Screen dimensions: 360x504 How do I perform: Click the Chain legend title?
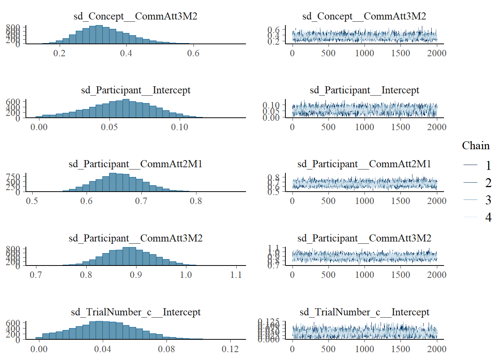[x=475, y=145]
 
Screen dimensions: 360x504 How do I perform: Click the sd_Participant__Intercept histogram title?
[x=136, y=90]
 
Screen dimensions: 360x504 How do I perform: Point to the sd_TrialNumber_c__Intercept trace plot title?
[x=364, y=312]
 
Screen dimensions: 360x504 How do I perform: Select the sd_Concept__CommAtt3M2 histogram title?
[x=135, y=16]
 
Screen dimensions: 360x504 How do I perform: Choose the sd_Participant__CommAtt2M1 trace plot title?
[x=364, y=164]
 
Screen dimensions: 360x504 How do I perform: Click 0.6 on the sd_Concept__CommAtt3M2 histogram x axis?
[x=193, y=53]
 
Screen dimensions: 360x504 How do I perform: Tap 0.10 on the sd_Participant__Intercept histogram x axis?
[x=179, y=127]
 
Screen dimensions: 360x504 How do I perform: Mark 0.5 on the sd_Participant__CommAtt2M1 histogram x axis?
[x=32, y=201]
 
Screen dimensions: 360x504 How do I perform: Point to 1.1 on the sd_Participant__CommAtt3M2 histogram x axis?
[x=236, y=275]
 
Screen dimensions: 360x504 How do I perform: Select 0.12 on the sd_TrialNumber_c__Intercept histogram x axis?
[x=230, y=349]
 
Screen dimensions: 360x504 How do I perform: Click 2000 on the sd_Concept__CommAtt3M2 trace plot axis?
[x=436, y=53]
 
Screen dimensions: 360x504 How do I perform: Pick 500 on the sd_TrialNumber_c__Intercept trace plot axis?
[x=328, y=349]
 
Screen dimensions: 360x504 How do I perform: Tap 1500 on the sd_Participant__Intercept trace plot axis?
[x=400, y=127]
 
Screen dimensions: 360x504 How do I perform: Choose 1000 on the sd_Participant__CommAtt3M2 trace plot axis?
[x=364, y=275]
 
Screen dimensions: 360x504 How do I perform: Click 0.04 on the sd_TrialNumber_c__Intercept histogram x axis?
[x=102, y=349]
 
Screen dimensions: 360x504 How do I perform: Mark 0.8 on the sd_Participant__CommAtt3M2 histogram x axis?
[x=86, y=275]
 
